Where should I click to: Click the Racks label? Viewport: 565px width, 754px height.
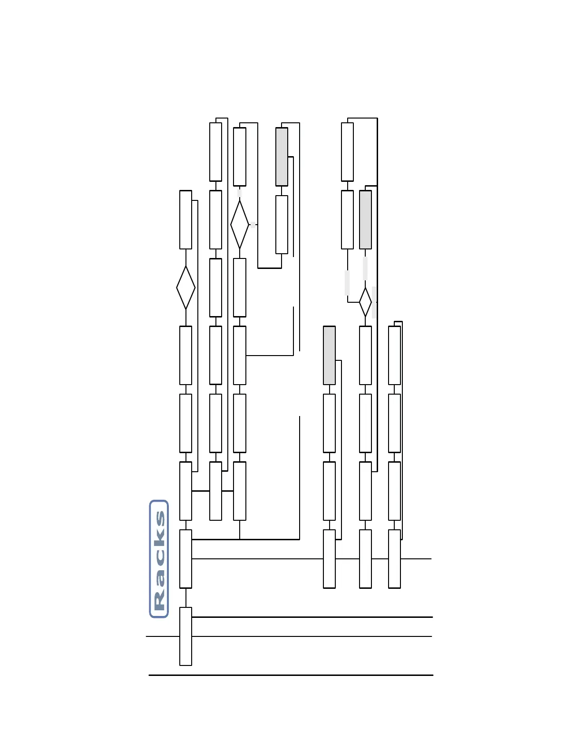159,559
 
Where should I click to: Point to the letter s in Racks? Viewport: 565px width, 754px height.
159,518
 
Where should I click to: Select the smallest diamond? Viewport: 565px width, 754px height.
365,302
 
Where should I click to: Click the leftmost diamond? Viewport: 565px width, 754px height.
185,288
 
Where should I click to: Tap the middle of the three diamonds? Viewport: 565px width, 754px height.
240,224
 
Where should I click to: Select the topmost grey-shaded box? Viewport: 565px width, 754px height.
282,157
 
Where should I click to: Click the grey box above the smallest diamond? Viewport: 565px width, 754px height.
365,219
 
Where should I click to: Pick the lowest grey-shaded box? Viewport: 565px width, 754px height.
329,355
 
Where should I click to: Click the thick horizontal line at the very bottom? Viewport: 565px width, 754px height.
291,675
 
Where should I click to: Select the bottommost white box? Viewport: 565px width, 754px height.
185,636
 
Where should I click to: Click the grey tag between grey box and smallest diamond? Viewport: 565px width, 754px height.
365,268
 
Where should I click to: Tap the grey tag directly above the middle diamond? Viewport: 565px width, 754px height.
240,193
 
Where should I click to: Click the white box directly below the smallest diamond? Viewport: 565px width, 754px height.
365,355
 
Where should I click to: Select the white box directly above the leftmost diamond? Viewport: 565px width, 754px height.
185,219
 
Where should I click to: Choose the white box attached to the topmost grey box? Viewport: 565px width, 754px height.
282,224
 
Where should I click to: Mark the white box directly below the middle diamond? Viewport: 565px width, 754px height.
240,288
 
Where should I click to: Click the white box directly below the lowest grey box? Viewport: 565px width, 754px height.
329,423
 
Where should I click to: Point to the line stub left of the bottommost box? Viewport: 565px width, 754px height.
162,636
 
